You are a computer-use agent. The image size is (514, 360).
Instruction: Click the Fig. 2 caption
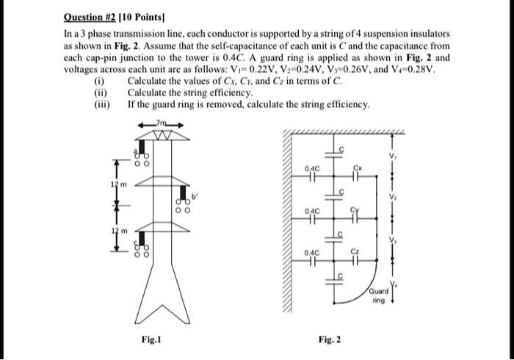coord(330,339)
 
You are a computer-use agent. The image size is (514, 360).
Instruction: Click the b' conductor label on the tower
coord(195,196)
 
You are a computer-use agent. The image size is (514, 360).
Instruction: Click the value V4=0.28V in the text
coord(418,71)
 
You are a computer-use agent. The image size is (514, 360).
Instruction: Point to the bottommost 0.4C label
coord(314,252)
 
